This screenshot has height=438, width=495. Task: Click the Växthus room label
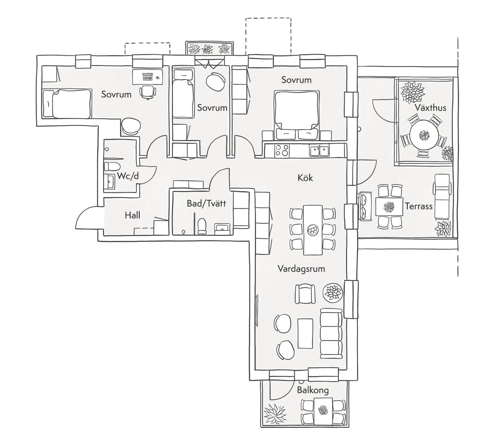pos(430,108)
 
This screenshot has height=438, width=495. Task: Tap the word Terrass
pos(418,206)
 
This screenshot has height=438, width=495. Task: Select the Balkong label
pos(313,390)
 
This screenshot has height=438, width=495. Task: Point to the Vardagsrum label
pos(301,269)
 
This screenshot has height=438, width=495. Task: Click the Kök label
pos(305,178)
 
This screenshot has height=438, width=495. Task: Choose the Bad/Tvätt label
pos(206,203)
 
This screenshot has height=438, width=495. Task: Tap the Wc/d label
pos(128,176)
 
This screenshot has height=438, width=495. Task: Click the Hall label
pos(133,215)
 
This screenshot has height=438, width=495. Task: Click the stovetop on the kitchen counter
pos(282,150)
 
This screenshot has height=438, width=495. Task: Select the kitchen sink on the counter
pos(319,150)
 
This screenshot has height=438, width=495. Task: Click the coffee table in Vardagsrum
pos(305,333)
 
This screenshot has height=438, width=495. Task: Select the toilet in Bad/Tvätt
pos(201,226)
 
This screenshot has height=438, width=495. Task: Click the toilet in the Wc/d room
pos(112,166)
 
